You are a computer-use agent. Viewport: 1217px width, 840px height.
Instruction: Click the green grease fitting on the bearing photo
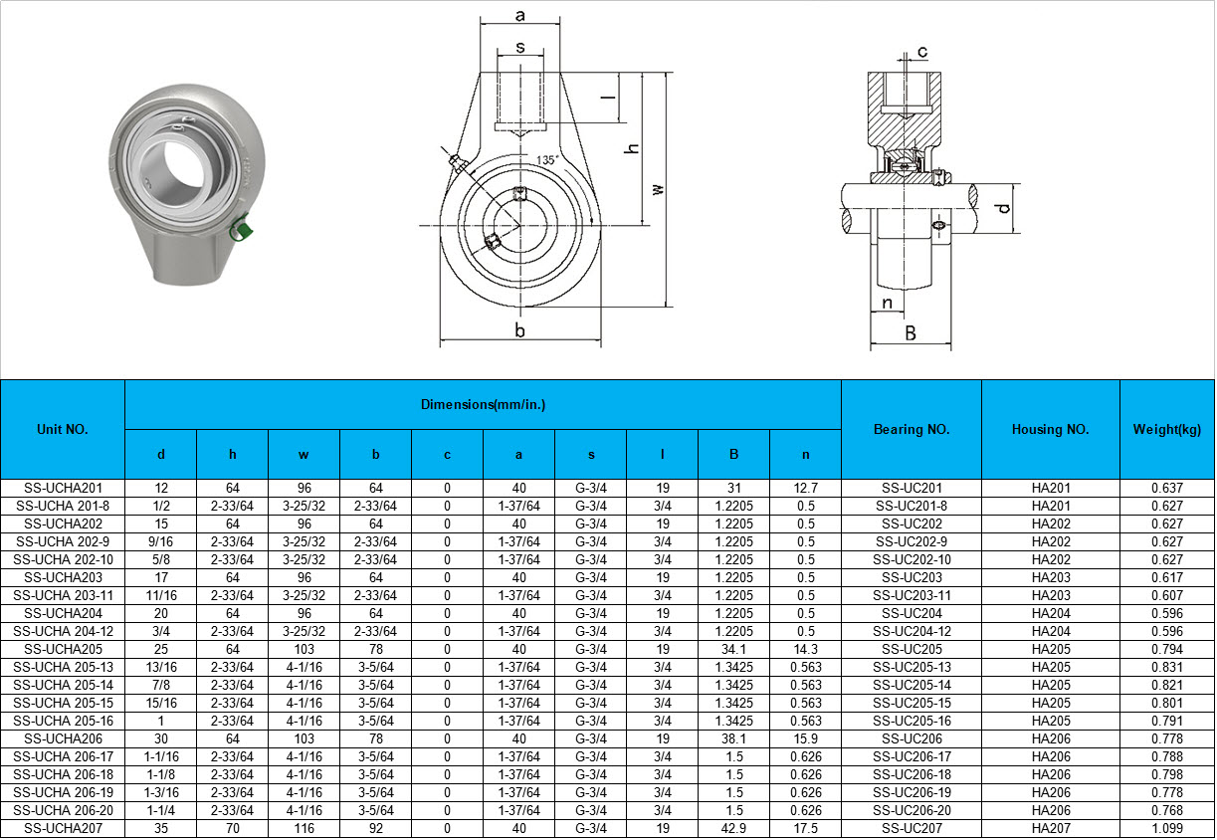240,227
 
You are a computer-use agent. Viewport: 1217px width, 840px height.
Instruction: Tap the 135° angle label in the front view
547,160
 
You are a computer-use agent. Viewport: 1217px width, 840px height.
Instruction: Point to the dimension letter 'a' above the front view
520,15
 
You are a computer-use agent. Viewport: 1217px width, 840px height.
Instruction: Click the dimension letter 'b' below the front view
520,329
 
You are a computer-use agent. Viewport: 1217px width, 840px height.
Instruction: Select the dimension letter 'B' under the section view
911,333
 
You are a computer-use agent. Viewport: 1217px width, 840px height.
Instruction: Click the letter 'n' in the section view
888,303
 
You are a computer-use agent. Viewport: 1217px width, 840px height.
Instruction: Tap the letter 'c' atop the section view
922,52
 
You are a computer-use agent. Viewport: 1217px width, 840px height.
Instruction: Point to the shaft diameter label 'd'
1004,208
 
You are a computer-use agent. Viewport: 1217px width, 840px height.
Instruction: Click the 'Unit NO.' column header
63,429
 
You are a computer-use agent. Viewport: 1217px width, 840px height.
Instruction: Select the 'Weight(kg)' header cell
1167,429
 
